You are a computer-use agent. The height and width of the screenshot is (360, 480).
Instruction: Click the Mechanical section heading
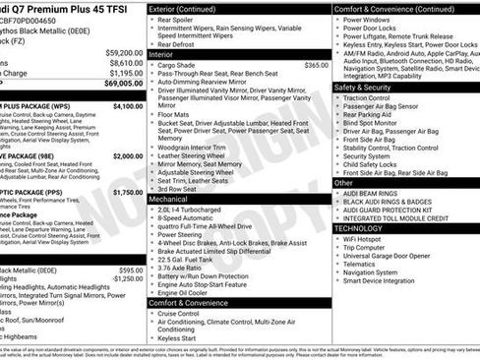174,198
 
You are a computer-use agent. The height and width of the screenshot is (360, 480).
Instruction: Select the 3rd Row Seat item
180,188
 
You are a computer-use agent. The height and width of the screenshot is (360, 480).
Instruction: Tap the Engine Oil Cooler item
188,292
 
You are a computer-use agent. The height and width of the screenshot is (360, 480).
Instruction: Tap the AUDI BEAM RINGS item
375,194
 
